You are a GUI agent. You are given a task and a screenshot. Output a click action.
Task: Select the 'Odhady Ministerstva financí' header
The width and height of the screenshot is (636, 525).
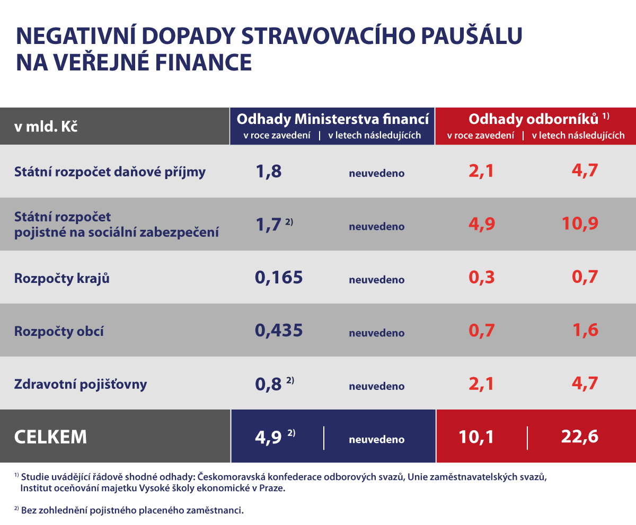click(x=332, y=118)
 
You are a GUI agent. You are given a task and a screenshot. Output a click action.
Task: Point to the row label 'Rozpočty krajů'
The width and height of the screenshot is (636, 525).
click(x=62, y=278)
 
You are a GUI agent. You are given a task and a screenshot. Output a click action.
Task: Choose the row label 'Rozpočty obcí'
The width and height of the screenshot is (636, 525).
click(x=59, y=332)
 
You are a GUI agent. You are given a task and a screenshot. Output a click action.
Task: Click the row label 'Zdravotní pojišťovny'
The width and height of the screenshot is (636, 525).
click(x=81, y=384)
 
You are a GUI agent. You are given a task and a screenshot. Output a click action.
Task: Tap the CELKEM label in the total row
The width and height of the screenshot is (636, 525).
click(x=50, y=437)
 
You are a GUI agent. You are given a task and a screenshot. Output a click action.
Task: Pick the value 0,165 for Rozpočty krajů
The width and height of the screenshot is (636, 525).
click(x=279, y=278)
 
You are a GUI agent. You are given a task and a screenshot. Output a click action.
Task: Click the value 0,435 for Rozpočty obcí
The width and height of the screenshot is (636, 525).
click(x=279, y=331)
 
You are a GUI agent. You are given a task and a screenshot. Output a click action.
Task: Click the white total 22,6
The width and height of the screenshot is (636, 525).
click(x=579, y=437)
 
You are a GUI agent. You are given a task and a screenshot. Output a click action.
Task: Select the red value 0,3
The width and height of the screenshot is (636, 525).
click(x=481, y=278)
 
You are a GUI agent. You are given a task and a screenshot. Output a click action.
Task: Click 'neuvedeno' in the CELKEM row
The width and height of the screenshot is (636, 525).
click(x=376, y=439)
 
